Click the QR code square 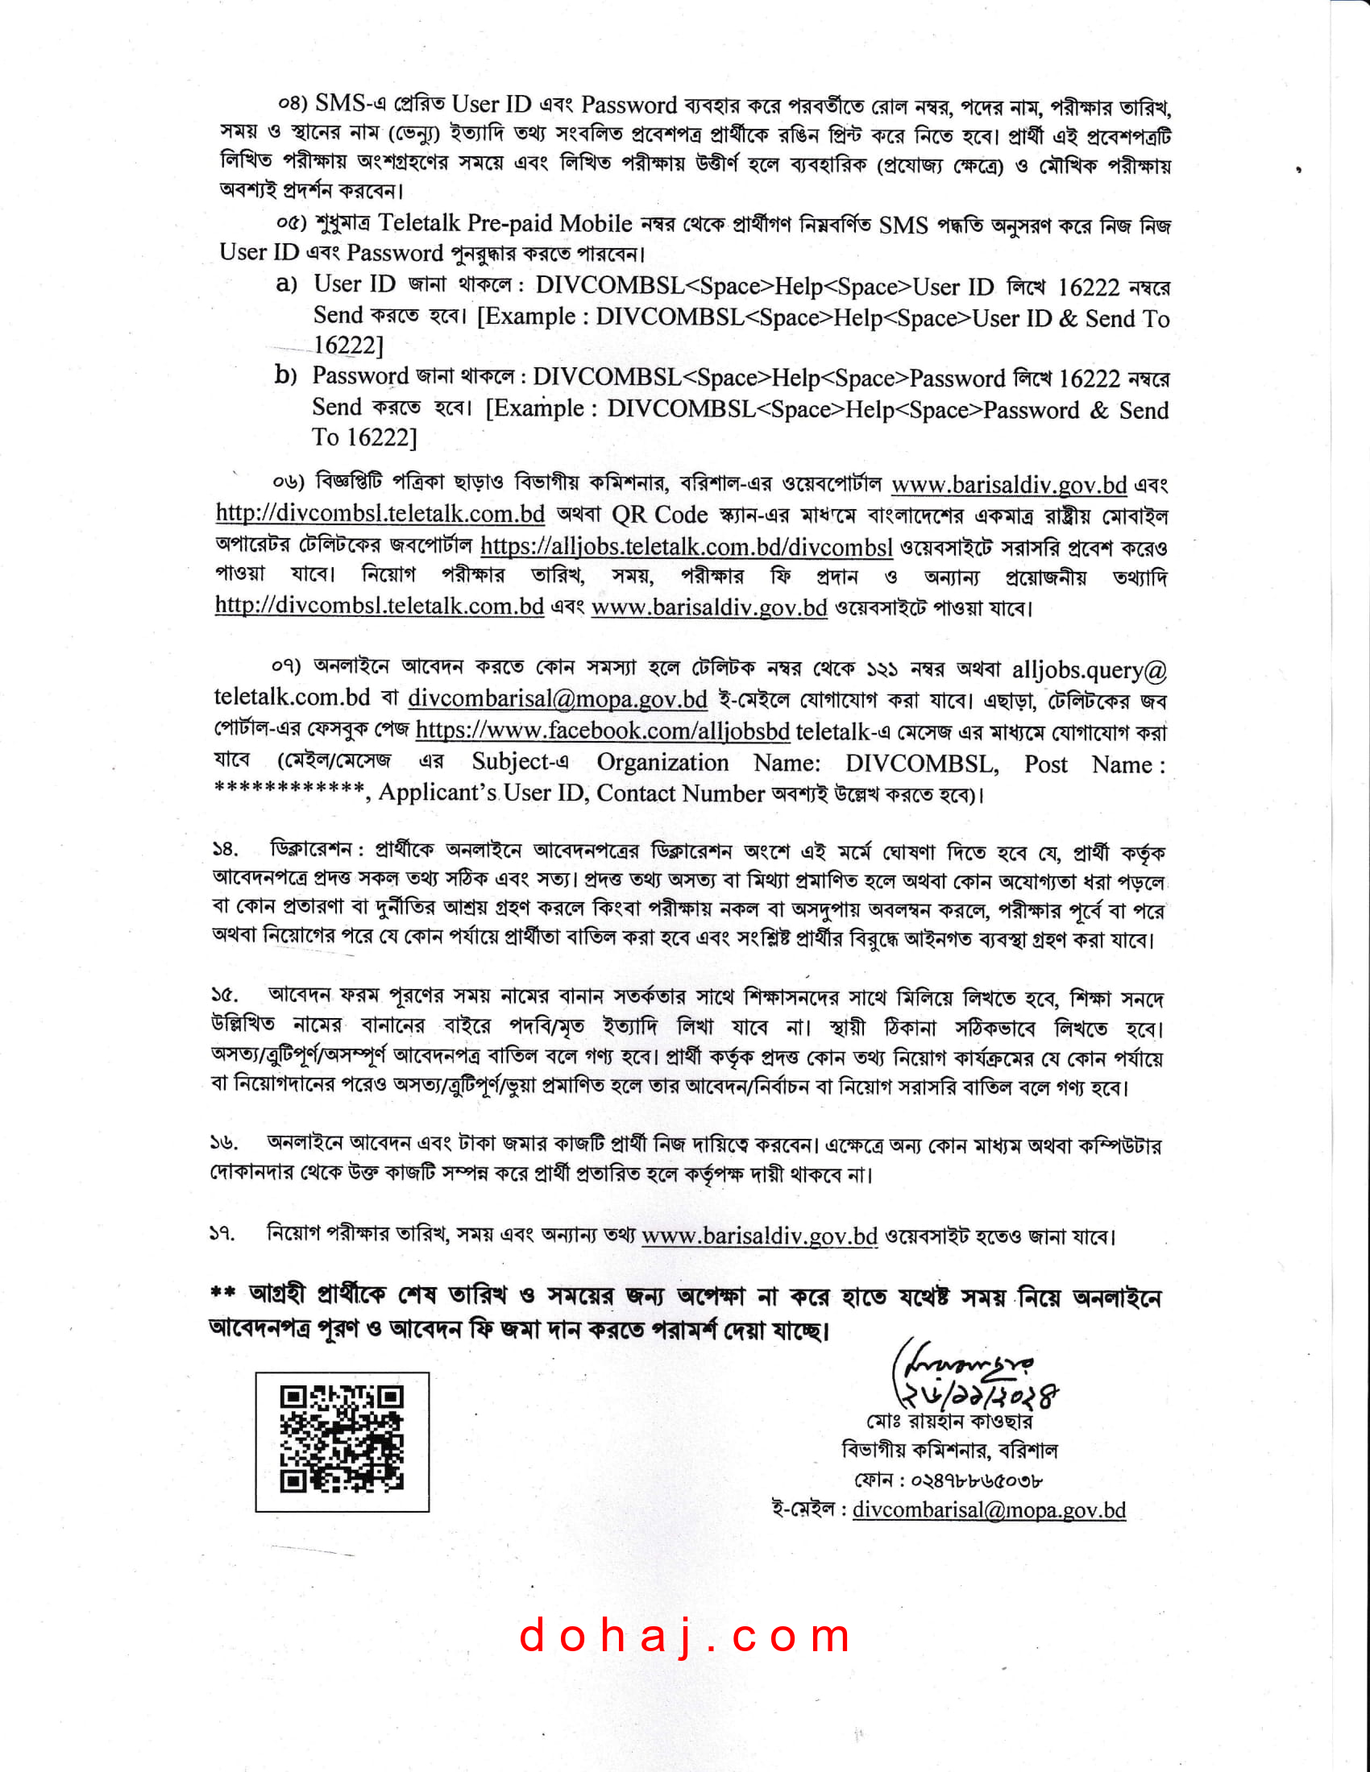pos(342,1443)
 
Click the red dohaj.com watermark pos(684,1635)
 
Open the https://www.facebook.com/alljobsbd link pos(602,731)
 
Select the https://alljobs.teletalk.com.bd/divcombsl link pos(687,547)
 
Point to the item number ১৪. pos(225,850)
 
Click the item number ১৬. pos(224,1142)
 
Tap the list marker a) pos(287,284)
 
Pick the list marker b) pos(286,375)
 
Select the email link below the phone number pos(989,1510)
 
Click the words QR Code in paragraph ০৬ pos(659,515)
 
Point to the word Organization pos(662,763)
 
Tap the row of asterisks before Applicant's pos(289,788)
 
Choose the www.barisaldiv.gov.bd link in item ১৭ pos(759,1236)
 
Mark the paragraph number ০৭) pos(286,666)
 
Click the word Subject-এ pos(521,762)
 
